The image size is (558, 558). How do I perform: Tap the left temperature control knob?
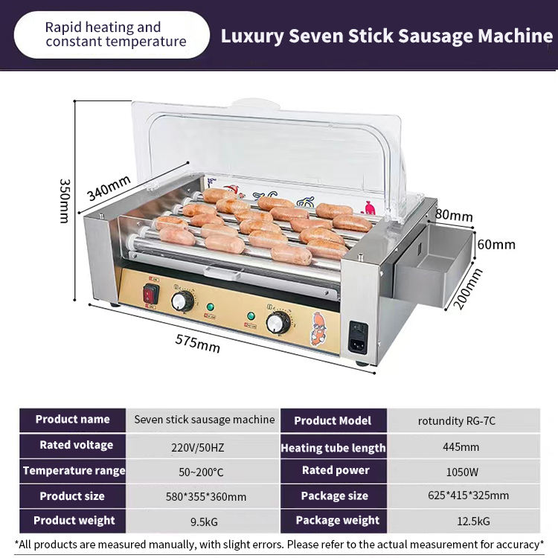point(182,301)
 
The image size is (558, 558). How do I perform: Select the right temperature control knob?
point(278,322)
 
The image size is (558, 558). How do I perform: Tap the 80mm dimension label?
point(454,216)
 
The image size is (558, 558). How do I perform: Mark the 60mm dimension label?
point(496,244)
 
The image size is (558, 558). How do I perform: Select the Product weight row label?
point(73,520)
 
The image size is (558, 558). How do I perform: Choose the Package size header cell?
point(334,496)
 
